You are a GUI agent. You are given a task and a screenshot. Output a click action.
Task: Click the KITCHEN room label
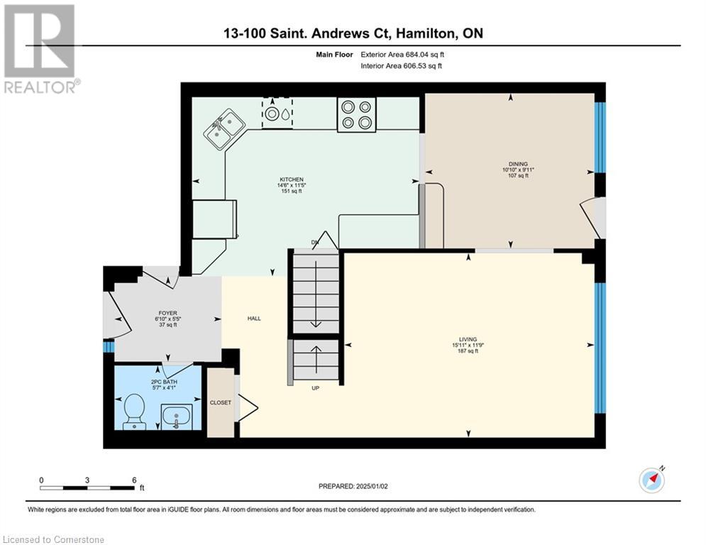(x=291, y=180)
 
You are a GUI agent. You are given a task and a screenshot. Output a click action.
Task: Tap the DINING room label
(x=515, y=164)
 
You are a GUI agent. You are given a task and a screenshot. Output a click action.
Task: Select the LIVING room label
(x=468, y=339)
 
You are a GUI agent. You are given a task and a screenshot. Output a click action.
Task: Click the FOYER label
(x=167, y=313)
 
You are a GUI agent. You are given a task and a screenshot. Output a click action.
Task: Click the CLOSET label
(x=220, y=402)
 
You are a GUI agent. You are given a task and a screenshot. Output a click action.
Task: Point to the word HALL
(x=254, y=319)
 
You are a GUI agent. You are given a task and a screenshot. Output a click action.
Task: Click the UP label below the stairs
(x=315, y=388)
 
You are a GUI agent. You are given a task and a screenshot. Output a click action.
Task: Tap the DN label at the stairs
(x=315, y=243)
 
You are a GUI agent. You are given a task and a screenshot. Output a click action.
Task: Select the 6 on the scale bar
(x=134, y=480)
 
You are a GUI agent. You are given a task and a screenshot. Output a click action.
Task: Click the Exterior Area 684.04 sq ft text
(x=402, y=55)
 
